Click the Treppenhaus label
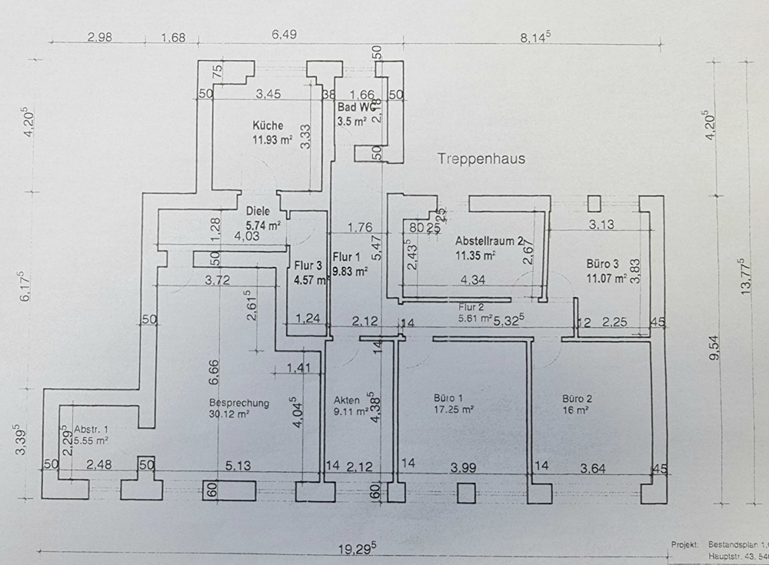[x=481, y=159]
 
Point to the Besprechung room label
[x=239, y=402]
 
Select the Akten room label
[x=347, y=400]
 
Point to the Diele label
[x=258, y=211]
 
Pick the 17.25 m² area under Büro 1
[x=451, y=410]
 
